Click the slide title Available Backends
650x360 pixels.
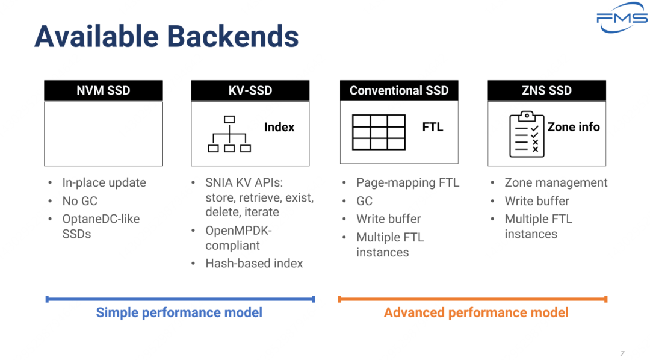(x=167, y=36)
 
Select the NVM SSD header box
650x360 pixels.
(x=104, y=90)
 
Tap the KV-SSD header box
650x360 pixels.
(x=250, y=90)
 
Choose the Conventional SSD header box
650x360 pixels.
(x=399, y=90)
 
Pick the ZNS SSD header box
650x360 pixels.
(x=546, y=90)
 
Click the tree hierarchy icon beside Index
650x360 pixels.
(x=229, y=134)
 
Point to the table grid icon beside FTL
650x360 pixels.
(x=379, y=132)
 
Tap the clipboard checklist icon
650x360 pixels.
(x=527, y=134)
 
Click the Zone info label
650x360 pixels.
(x=574, y=127)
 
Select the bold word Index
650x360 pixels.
(x=279, y=127)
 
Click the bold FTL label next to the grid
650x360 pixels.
(x=433, y=127)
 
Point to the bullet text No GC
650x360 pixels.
(x=79, y=201)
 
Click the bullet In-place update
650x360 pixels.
(x=104, y=182)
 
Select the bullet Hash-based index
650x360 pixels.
(x=254, y=263)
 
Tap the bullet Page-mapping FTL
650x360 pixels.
(x=407, y=182)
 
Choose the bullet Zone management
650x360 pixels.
(x=556, y=182)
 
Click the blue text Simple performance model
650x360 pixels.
(x=179, y=312)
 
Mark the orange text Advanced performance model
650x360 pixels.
(x=476, y=312)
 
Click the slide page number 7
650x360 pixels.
(x=622, y=353)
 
